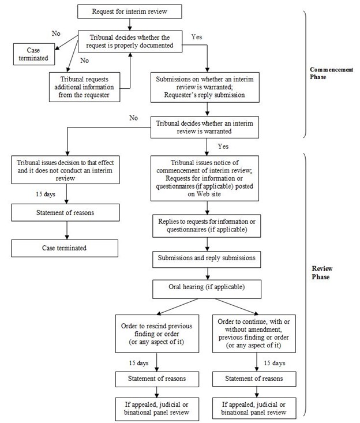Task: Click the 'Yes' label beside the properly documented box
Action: pos(197,36)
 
